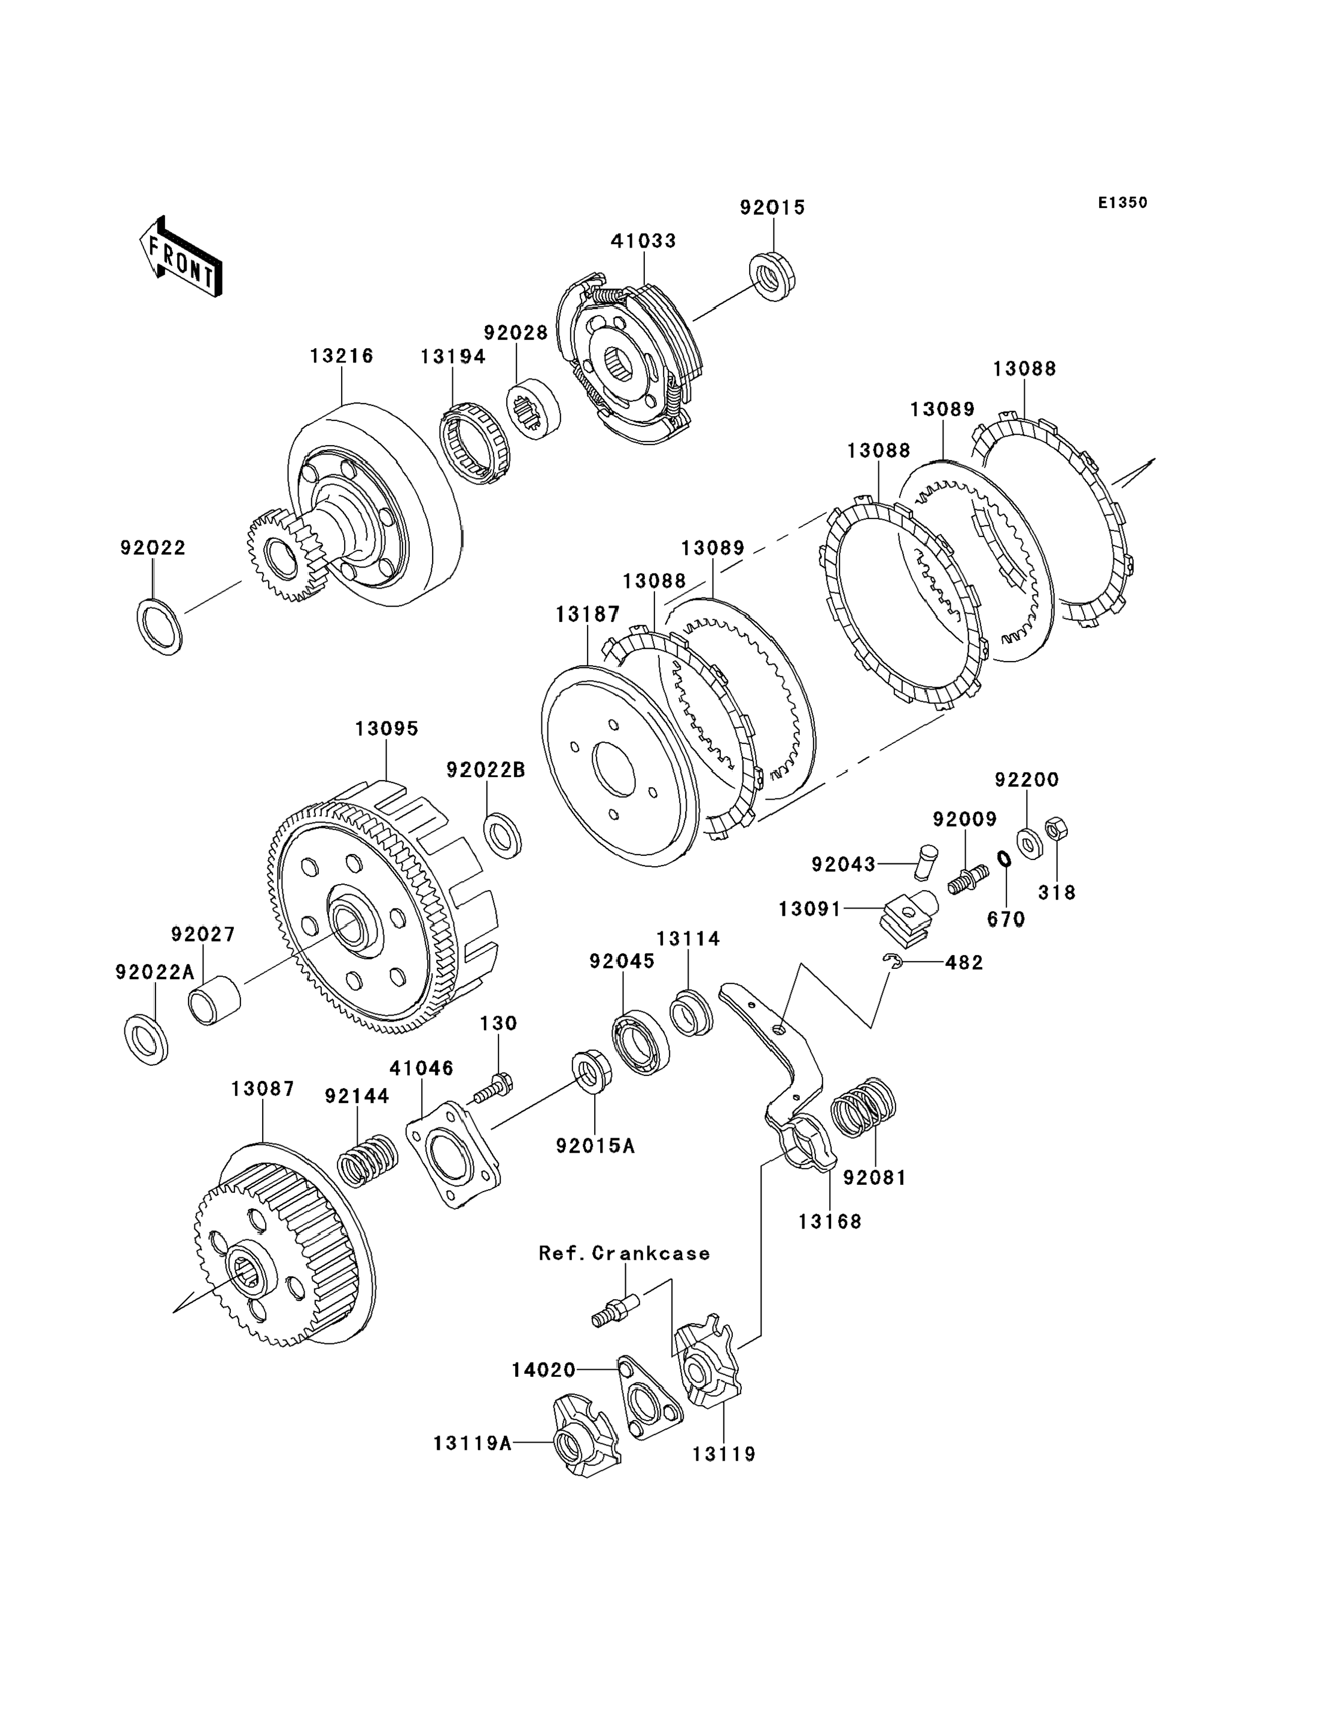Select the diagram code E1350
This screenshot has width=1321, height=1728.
coord(1123,203)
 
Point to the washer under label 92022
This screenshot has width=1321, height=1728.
coord(160,627)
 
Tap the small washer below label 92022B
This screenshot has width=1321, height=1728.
coord(503,836)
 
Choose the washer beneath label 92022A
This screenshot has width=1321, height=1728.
coord(146,1040)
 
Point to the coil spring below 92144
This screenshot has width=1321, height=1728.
coord(368,1160)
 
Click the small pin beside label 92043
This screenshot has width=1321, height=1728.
coord(928,863)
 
